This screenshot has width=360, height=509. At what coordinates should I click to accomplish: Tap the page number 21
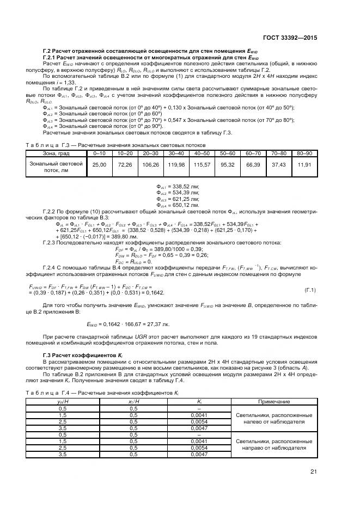pyautogui.click(x=313, y=471)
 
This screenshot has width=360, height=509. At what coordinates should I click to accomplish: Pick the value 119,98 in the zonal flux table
pyautogui.click(x=177, y=164)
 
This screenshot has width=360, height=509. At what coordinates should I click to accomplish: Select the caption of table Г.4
pyautogui.click(x=102, y=393)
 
